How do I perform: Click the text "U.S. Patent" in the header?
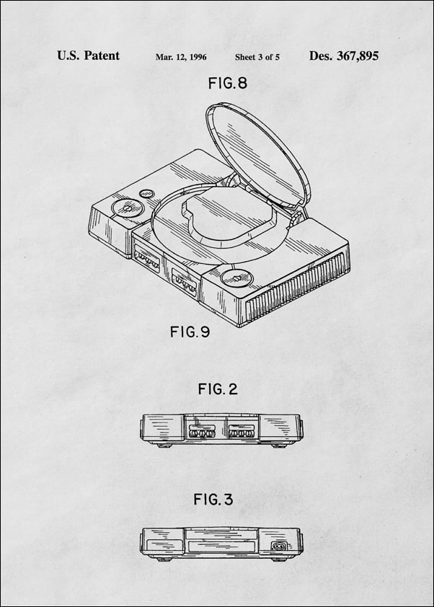[x=88, y=56]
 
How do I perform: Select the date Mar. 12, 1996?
[x=181, y=57]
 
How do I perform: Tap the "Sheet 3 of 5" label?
[x=257, y=57]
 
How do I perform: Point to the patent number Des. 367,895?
[x=343, y=56]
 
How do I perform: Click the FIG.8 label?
[x=227, y=84]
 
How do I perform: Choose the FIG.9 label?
[x=190, y=332]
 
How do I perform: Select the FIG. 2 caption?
[x=217, y=389]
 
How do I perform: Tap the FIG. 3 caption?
[x=213, y=499]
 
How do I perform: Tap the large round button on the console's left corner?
[x=127, y=209]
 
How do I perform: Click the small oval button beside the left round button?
[x=148, y=194]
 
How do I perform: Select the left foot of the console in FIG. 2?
[x=164, y=446]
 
